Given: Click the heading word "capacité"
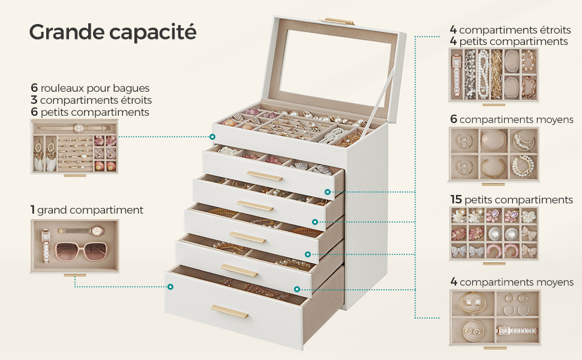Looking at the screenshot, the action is click(x=152, y=32).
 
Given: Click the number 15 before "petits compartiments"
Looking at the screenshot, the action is click(x=456, y=200).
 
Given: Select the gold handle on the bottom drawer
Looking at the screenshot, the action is click(x=229, y=311).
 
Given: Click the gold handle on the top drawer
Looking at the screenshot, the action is click(x=265, y=176).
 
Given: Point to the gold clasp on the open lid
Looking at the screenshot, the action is click(x=336, y=21).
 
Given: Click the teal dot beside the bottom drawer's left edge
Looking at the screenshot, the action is click(x=170, y=287).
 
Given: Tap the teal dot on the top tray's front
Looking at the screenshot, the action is click(x=212, y=137).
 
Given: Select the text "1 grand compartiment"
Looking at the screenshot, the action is click(x=87, y=210).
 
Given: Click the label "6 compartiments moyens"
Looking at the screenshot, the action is click(x=511, y=119).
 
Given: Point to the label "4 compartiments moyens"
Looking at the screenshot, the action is click(x=512, y=282).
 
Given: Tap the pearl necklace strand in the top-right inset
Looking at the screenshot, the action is click(x=483, y=74).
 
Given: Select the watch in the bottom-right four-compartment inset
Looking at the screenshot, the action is click(x=517, y=331).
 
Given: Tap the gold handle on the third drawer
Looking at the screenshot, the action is click(x=247, y=238).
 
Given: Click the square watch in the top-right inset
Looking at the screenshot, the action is click(x=456, y=74).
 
